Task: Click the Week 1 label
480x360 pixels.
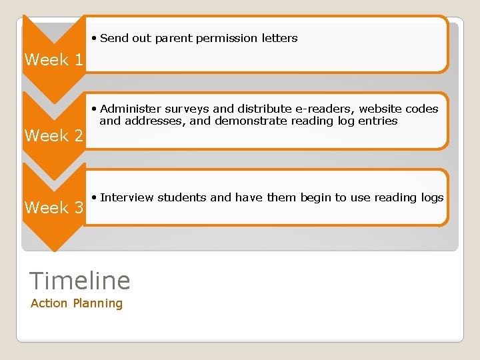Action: coord(54,60)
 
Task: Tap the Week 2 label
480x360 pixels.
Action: coord(54,136)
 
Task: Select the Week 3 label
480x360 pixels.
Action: coord(54,208)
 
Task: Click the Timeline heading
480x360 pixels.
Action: coord(81,281)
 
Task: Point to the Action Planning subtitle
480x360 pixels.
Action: coord(77,303)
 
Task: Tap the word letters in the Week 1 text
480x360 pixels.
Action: coord(279,39)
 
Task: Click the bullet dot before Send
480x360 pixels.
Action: coord(95,39)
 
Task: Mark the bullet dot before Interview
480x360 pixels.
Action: coord(95,197)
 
